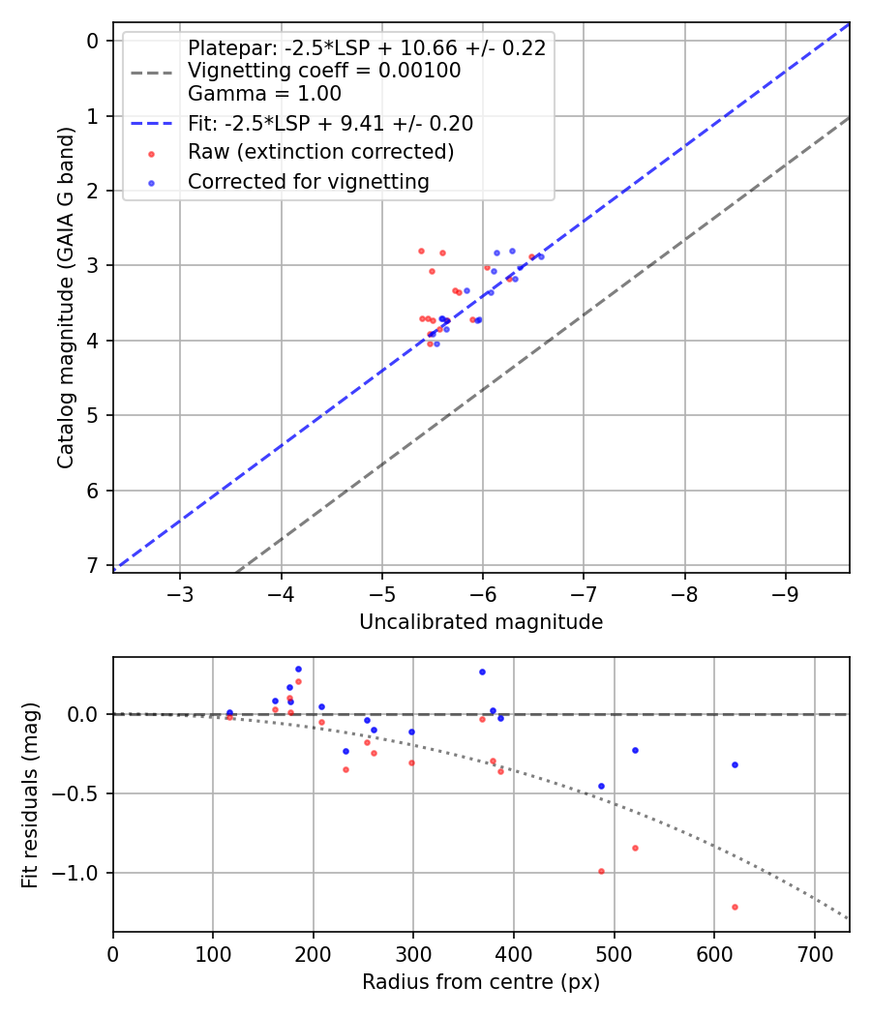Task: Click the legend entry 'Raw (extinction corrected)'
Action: (320, 152)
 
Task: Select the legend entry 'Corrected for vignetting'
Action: (308, 181)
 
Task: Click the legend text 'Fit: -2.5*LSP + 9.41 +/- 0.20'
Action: (330, 123)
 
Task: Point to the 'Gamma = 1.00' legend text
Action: (264, 94)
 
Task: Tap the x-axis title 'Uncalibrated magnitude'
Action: (481, 622)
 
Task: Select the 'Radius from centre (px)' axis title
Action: (481, 982)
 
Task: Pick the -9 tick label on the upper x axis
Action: (785, 592)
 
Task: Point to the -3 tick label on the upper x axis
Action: (181, 592)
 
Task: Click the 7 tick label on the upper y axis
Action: (93, 565)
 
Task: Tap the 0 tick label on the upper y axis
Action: (93, 41)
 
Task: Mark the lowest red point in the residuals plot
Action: (735, 907)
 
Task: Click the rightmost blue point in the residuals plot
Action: (735, 764)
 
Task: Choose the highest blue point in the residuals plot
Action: (298, 669)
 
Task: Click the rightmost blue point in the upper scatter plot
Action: (540, 256)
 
